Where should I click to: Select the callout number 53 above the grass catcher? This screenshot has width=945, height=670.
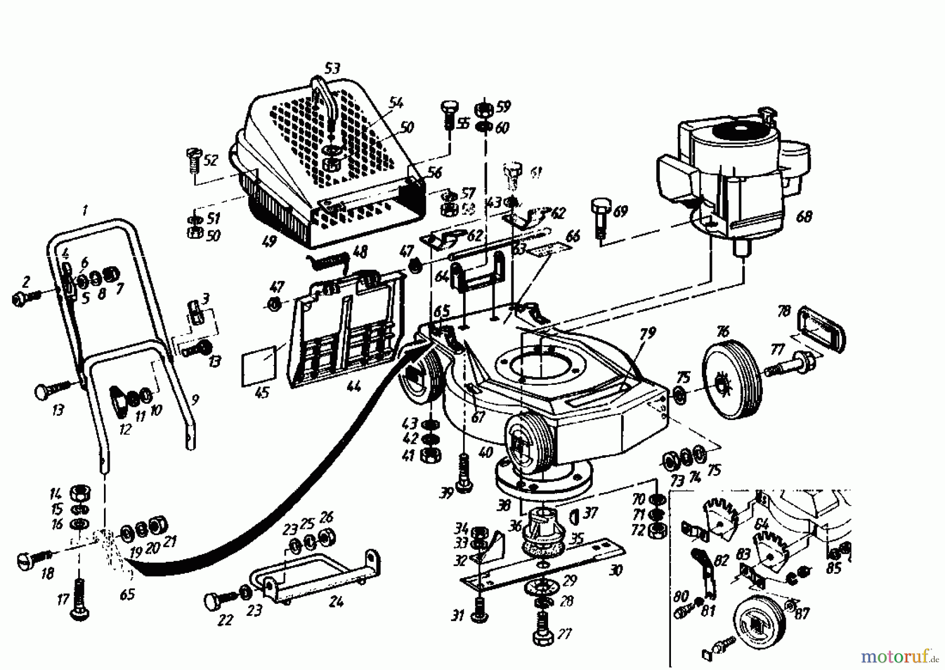[x=332, y=68]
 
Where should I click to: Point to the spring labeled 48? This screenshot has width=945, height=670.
[x=328, y=259]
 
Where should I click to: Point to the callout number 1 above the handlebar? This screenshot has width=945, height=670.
[x=85, y=211]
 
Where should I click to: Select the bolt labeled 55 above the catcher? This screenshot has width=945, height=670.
[x=448, y=117]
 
